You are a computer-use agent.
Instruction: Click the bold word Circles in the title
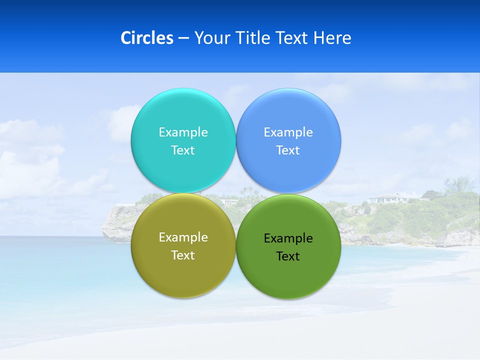[146, 38]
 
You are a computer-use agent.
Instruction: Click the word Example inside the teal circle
[183, 132]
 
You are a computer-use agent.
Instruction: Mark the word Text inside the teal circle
[183, 150]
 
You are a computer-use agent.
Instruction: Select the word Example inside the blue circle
[288, 132]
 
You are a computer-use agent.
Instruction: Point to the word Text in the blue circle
[288, 150]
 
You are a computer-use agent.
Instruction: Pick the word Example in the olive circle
[183, 237]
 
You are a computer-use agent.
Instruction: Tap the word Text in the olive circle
[183, 255]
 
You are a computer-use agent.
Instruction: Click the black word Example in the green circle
[288, 238]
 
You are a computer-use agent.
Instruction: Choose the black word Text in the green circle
[288, 256]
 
